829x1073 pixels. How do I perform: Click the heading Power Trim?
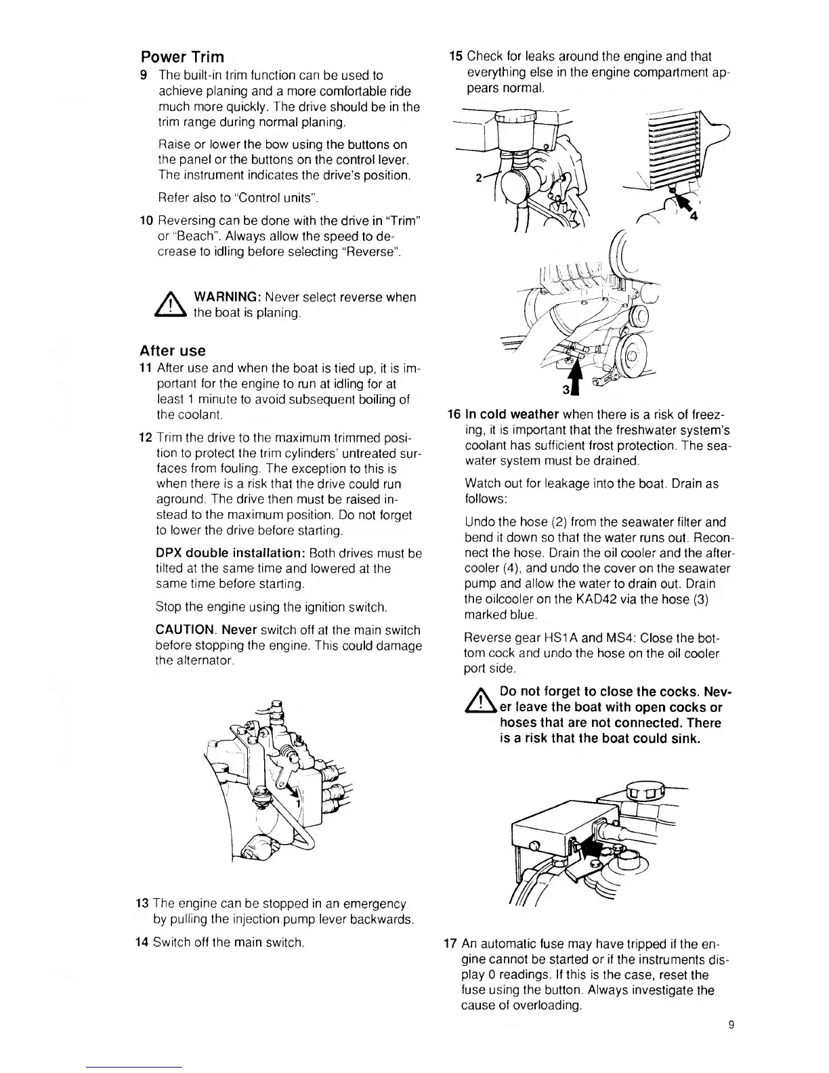pos(182,57)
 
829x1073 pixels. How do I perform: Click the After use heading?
pos(172,351)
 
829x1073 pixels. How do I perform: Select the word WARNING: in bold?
pos(228,297)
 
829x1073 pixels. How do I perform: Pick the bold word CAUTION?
pos(187,631)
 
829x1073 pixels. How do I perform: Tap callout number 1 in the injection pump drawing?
pos(297,801)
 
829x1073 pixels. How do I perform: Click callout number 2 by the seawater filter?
pos(479,178)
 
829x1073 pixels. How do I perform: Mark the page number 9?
pos(731,1025)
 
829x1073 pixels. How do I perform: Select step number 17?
pos(450,944)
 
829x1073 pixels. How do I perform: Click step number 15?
pos(456,56)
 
